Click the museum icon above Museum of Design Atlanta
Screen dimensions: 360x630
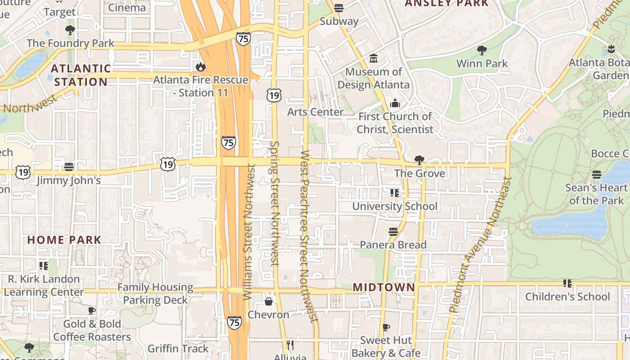coord(373,58)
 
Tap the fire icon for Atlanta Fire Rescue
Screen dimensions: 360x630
coord(200,67)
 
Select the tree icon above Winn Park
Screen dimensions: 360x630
coord(482,50)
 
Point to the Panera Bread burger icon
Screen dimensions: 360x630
coord(393,232)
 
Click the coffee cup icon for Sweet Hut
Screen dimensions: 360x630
coord(386,327)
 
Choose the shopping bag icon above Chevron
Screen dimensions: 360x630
coord(269,301)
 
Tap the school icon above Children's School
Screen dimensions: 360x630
coord(567,283)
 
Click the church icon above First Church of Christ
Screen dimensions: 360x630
coord(395,103)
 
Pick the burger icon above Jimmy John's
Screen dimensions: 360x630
coord(69,167)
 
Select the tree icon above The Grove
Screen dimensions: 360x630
coord(419,160)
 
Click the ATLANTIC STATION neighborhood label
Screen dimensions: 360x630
coord(81,75)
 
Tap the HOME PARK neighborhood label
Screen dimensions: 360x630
coord(64,239)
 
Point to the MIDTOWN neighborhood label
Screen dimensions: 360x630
coord(384,287)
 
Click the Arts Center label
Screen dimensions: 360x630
coord(315,112)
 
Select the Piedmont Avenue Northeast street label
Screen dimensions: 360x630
coord(480,245)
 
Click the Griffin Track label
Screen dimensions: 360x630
coord(178,348)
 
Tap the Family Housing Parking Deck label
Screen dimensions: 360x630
coord(155,293)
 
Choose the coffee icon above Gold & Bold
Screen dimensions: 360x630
coord(92,310)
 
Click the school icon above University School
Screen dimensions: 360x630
coord(395,193)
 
